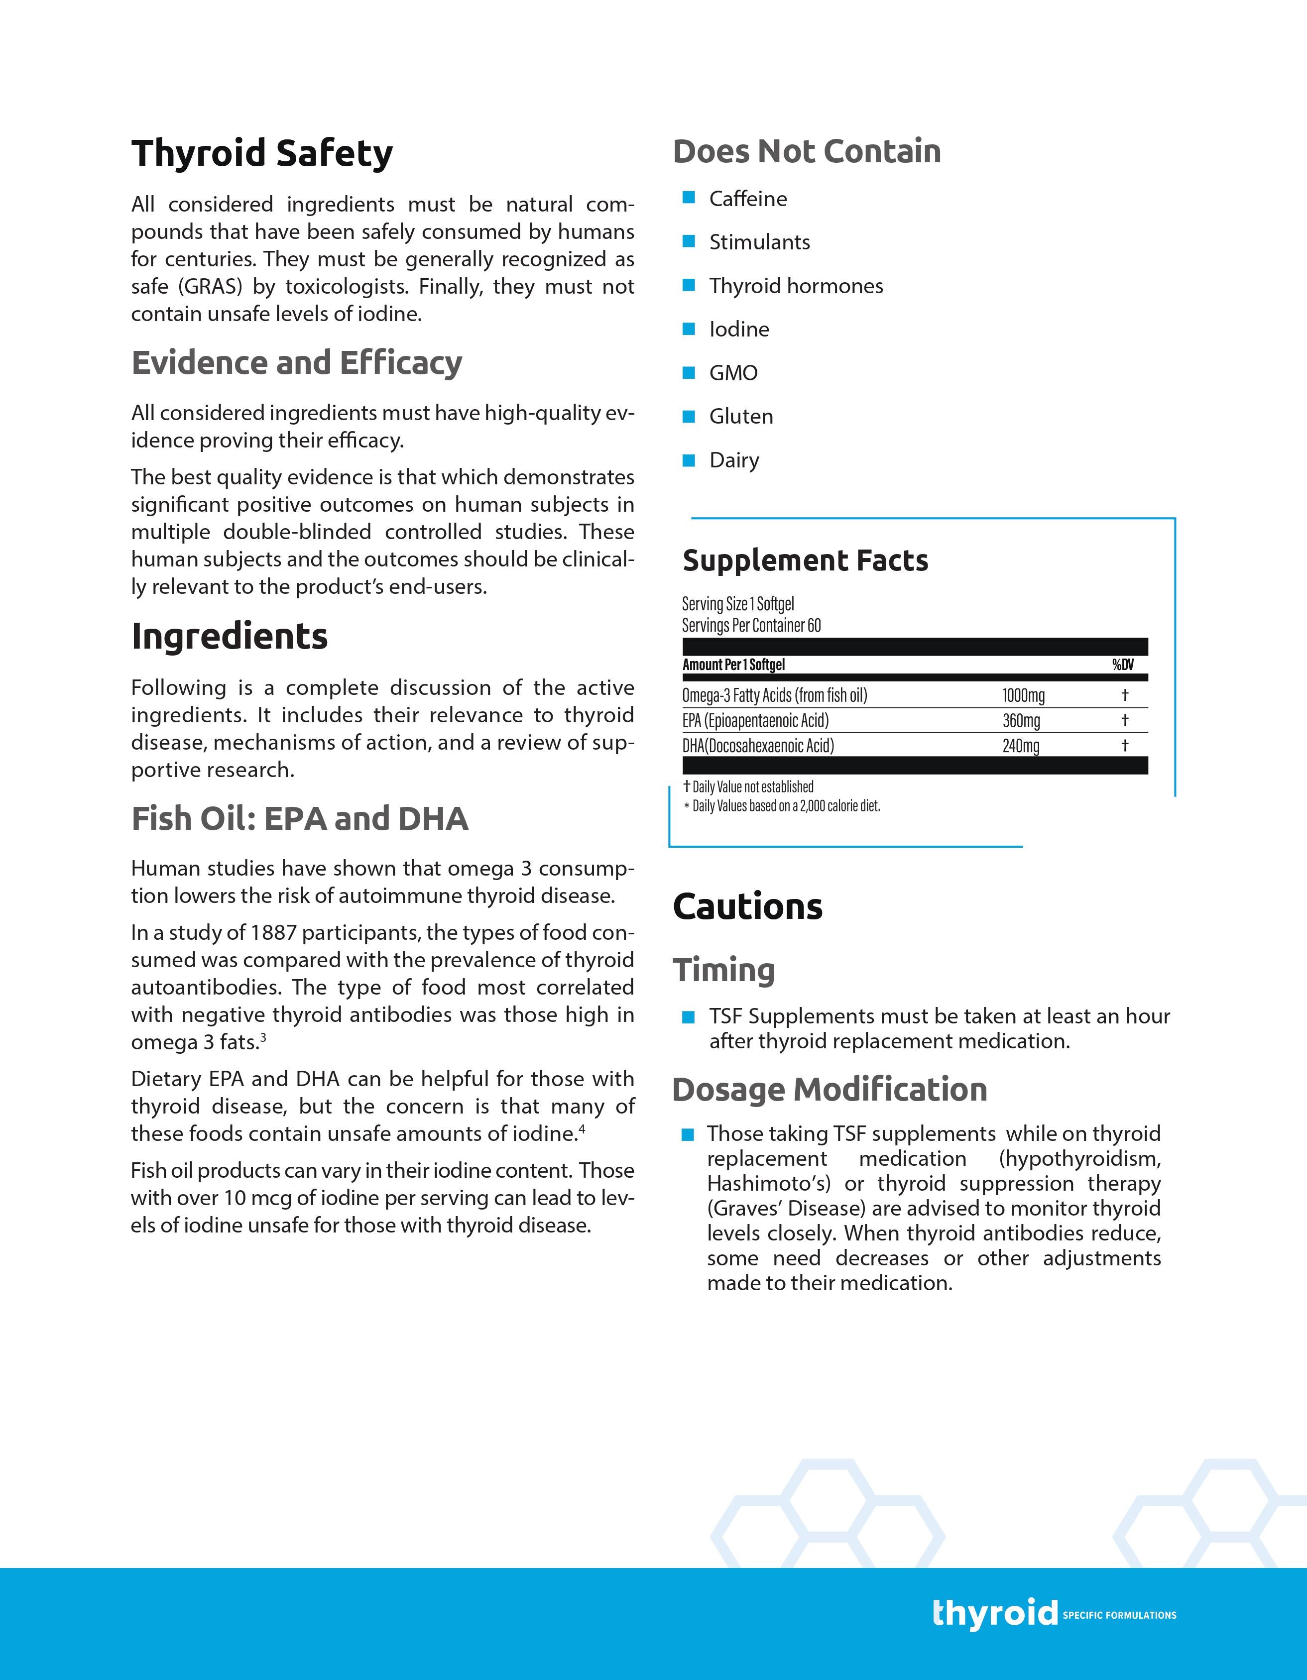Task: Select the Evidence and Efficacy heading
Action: coord(296,362)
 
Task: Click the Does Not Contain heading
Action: coord(806,151)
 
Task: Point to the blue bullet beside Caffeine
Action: coord(689,198)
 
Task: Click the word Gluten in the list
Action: coord(741,416)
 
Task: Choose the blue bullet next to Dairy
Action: coord(689,460)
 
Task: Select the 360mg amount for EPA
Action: coord(1020,721)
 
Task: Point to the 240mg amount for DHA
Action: coord(1020,745)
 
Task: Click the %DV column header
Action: coord(1122,665)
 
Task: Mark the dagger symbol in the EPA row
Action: coord(1125,720)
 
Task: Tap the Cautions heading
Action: coord(747,906)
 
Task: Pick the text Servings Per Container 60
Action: coord(751,625)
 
